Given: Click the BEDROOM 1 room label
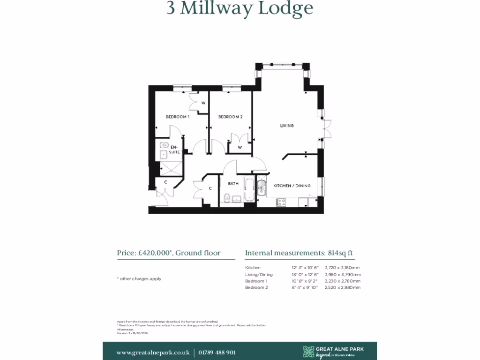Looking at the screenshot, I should click(177, 117).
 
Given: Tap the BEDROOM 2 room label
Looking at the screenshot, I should click(230, 117).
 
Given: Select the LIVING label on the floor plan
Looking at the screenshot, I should click(287, 126).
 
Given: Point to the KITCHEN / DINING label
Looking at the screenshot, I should click(292, 186).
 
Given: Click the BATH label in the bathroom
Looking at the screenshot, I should click(233, 184).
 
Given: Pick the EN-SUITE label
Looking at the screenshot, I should click(174, 150).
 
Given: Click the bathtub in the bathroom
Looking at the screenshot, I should click(248, 189).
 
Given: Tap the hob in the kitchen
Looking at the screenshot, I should click(282, 202).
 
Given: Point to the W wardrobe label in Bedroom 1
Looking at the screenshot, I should click(203, 103).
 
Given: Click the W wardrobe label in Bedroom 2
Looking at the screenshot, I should click(240, 147).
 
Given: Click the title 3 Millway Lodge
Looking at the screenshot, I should click(240, 8).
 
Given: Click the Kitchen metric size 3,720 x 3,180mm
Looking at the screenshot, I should click(343, 268).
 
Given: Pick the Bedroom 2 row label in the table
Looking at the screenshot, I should click(256, 287).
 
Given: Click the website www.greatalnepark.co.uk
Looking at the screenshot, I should click(153, 352).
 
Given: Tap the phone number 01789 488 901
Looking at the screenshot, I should click(217, 352).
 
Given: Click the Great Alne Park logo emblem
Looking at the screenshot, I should click(308, 351).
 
